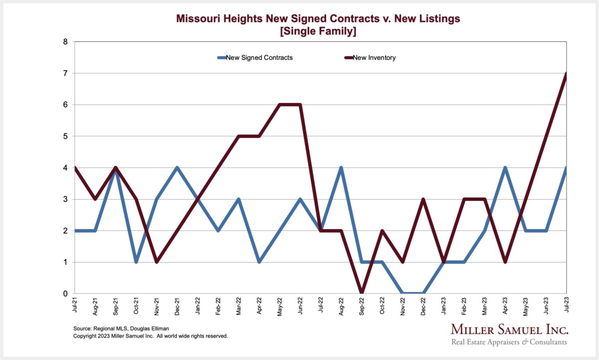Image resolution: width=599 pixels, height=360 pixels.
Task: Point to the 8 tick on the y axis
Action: [65, 42]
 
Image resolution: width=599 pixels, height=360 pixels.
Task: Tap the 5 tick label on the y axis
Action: [65, 136]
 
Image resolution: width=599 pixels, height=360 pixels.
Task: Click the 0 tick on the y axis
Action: [65, 294]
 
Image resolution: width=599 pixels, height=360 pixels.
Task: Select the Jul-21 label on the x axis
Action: [74, 305]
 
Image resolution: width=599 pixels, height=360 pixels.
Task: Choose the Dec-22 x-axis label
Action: [423, 305]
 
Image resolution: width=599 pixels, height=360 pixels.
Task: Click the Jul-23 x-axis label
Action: [566, 305]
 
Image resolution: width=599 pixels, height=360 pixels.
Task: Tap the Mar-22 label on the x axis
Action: [238, 305]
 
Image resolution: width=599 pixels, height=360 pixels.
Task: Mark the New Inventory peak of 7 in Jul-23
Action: [566, 73]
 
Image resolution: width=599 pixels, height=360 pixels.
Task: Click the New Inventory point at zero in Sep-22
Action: [361, 293]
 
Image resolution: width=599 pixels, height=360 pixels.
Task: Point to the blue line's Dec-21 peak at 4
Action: [177, 168]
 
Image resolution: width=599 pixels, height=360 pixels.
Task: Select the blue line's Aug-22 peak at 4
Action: [341, 168]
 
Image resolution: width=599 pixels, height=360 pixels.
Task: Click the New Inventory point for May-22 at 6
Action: [279, 105]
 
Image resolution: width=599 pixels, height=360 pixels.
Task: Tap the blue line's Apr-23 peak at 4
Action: [505, 168]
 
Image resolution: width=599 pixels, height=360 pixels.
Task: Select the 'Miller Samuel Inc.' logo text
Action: [509, 330]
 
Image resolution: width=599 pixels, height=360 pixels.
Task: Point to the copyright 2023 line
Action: [150, 337]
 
